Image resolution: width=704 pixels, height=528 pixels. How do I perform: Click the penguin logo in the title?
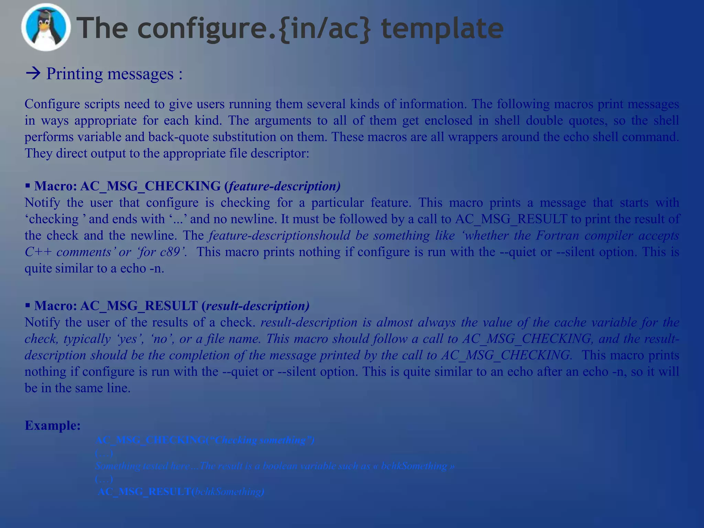click(x=46, y=27)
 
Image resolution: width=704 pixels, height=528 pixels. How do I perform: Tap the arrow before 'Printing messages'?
click(x=33, y=74)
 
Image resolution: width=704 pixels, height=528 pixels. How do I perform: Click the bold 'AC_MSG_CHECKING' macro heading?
click(x=150, y=186)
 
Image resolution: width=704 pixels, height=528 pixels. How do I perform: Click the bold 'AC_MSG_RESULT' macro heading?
click(x=139, y=306)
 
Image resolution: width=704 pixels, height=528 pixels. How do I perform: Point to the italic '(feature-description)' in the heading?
click(x=282, y=186)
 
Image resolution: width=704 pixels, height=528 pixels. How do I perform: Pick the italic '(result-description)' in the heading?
click(x=255, y=306)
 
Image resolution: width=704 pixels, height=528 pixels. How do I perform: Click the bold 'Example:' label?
click(x=53, y=425)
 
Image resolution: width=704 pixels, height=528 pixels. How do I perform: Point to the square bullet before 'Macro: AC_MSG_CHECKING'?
click(x=28, y=186)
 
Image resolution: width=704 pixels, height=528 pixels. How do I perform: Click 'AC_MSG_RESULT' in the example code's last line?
click(x=144, y=492)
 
